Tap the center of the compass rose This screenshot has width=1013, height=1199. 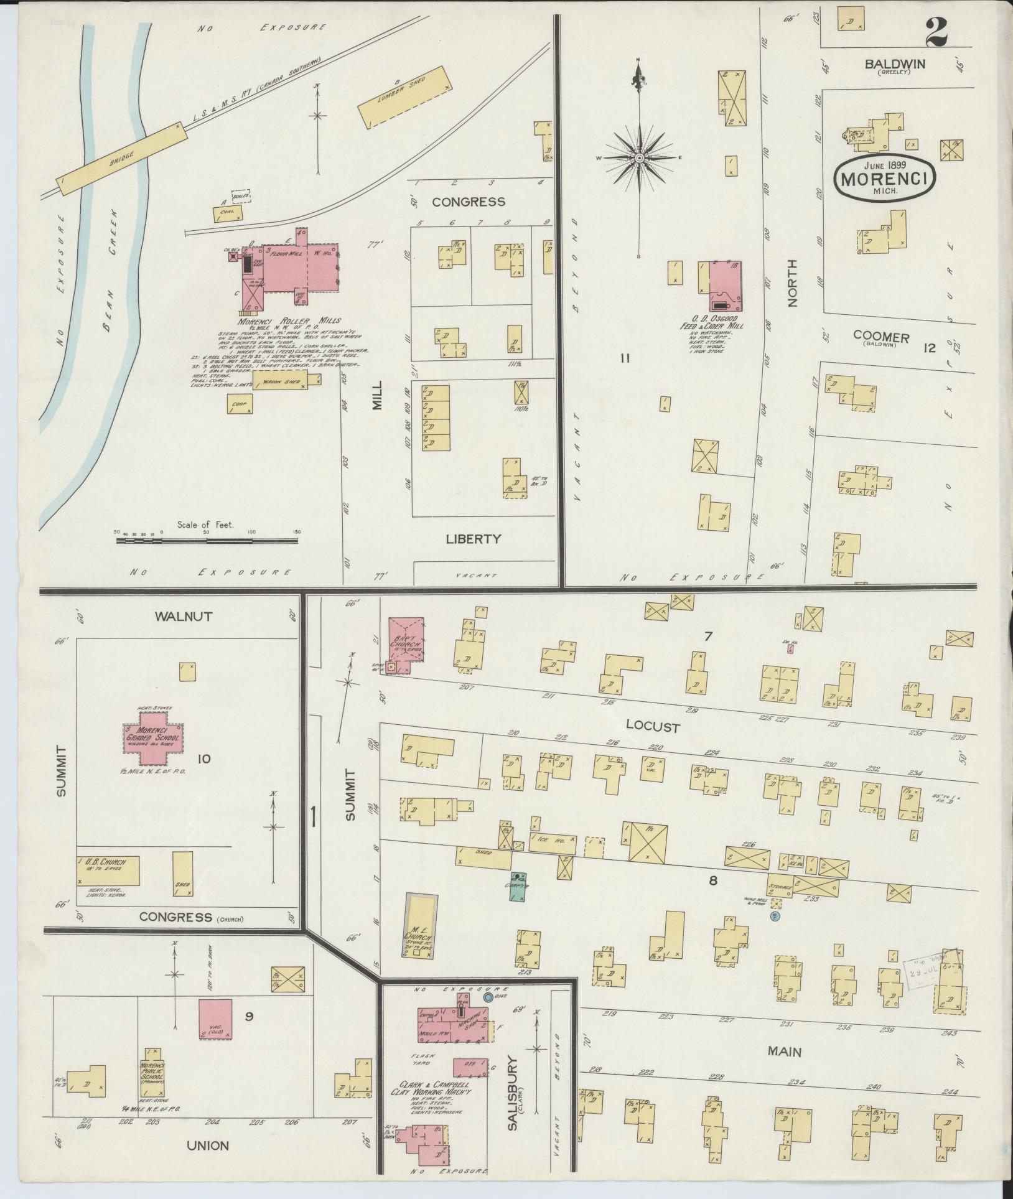pyautogui.click(x=639, y=159)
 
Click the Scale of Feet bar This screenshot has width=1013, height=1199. pyautogui.click(x=207, y=541)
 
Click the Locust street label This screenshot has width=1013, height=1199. pyautogui.click(x=653, y=727)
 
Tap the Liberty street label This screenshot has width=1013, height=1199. pyautogui.click(x=473, y=539)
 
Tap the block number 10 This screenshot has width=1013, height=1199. pyautogui.click(x=202, y=758)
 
